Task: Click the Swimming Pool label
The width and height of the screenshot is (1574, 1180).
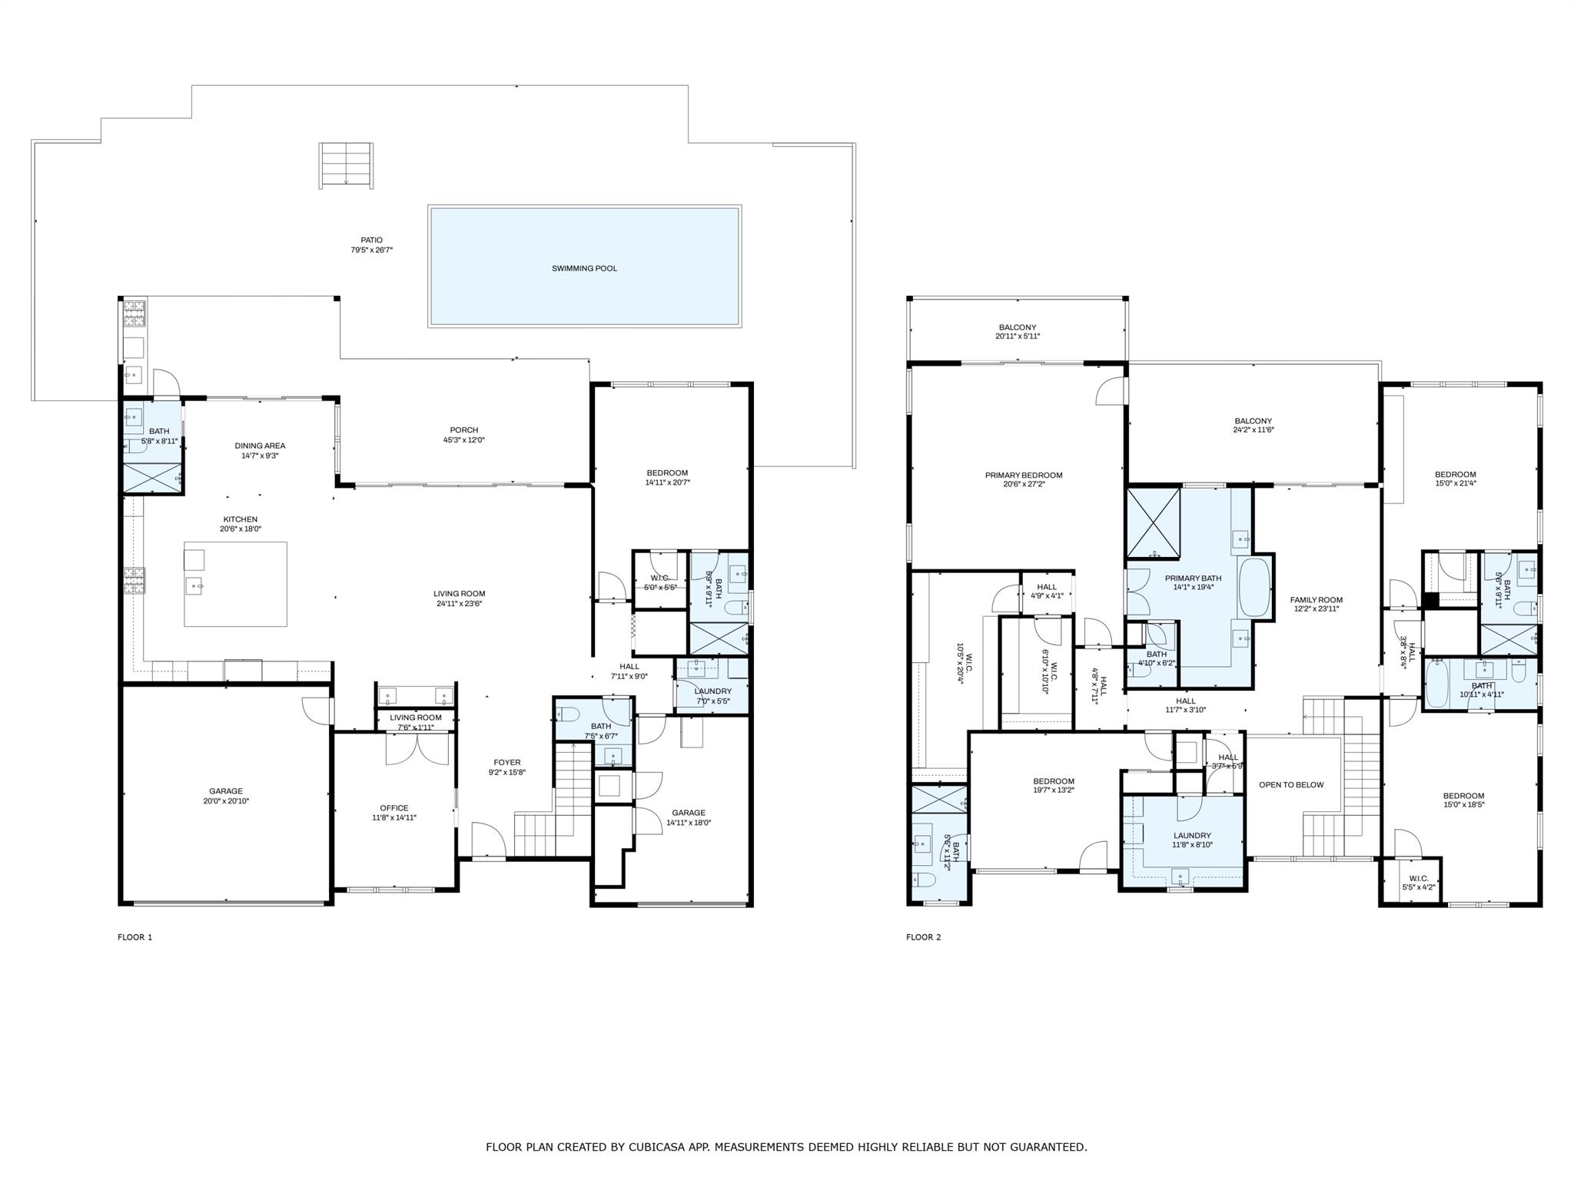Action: tap(584, 269)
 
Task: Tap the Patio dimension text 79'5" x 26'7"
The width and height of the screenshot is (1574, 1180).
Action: tap(371, 250)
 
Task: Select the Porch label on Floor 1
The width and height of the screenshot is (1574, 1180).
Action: tap(463, 430)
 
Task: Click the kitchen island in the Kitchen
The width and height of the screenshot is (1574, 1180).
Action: tap(235, 584)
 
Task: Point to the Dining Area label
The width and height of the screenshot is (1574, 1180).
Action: tap(260, 446)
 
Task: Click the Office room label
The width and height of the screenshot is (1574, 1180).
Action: tap(393, 808)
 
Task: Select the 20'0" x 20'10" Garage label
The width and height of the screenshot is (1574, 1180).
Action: tap(225, 796)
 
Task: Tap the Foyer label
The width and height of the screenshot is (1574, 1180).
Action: tap(506, 763)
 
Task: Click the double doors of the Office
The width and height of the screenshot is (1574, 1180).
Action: tap(417, 750)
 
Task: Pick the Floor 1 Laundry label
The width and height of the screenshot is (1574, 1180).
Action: tap(712, 691)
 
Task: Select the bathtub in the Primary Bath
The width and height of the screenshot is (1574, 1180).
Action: tap(1254, 588)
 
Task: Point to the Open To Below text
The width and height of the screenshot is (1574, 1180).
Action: tap(1291, 785)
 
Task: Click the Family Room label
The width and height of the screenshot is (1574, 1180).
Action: tap(1316, 600)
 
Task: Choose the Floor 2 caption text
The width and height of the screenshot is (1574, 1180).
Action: tap(923, 937)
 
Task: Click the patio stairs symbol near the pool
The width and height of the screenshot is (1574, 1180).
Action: tap(347, 164)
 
